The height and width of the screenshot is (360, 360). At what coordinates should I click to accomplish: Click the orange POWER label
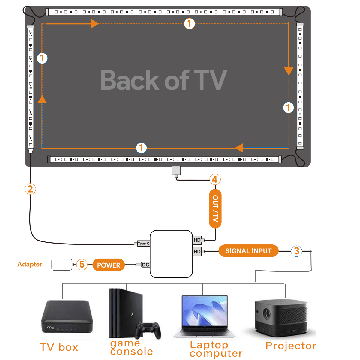pyautogui.click(x=109, y=265)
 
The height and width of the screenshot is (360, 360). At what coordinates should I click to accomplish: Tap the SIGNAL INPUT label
pyautogui.click(x=248, y=251)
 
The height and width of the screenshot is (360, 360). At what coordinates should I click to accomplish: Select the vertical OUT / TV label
pyautogui.click(x=215, y=208)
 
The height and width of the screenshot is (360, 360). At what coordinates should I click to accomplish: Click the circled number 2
pyautogui.click(x=30, y=189)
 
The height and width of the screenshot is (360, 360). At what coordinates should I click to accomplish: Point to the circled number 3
pyautogui.click(x=296, y=251)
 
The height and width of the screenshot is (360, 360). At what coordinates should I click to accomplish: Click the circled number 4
pyautogui.click(x=215, y=179)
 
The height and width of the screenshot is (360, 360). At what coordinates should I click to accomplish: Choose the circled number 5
pyautogui.click(x=82, y=265)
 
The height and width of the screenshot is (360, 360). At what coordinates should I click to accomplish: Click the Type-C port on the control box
pyautogui.click(x=143, y=244)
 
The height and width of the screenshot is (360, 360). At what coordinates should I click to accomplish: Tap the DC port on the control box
pyautogui.click(x=145, y=265)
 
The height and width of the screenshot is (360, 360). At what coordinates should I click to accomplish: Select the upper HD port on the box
pyautogui.click(x=197, y=240)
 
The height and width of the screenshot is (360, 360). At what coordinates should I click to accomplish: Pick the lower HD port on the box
pyautogui.click(x=197, y=251)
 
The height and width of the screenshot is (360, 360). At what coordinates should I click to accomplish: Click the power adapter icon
pyautogui.click(x=62, y=265)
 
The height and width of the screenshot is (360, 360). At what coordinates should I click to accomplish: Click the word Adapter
pyautogui.click(x=30, y=264)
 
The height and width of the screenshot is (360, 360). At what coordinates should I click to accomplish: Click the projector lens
pyautogui.click(x=266, y=313)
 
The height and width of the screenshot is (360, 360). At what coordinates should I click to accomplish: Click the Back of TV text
pyautogui.click(x=164, y=80)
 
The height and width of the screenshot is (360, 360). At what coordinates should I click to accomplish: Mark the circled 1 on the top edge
pyautogui.click(x=189, y=23)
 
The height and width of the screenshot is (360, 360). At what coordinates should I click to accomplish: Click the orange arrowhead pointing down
pyautogui.click(x=289, y=71)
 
